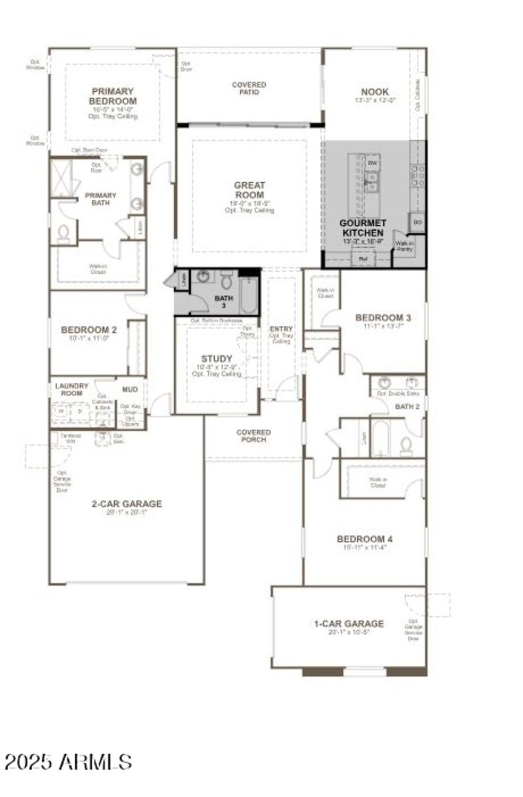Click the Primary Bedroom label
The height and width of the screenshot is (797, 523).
click(x=112, y=96)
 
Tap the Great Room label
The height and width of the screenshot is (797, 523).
click(x=249, y=190)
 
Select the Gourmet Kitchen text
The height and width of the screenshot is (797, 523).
click(x=362, y=228)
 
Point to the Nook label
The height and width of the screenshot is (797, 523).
click(x=375, y=92)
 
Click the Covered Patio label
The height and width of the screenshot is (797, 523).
click(x=249, y=88)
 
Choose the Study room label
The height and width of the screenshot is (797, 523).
click(x=216, y=358)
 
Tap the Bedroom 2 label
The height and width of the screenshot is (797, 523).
click(x=89, y=330)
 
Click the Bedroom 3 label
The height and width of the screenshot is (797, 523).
click(x=382, y=318)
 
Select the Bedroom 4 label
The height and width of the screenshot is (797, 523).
click(x=365, y=539)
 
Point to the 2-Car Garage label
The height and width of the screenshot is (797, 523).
click(x=127, y=503)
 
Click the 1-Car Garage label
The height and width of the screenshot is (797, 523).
click(x=348, y=623)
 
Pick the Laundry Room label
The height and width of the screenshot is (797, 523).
click(x=72, y=389)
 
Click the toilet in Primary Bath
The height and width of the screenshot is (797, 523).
click(x=64, y=233)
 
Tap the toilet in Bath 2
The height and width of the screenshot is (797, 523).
click(x=406, y=446)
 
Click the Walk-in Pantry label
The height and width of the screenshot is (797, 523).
click(x=405, y=246)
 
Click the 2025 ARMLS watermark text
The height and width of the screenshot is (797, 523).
click(x=68, y=762)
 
